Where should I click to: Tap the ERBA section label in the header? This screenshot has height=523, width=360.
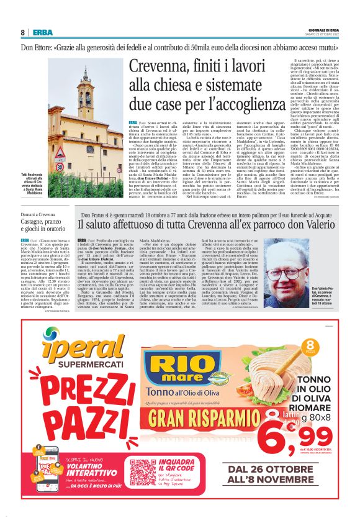click(x=43, y=32)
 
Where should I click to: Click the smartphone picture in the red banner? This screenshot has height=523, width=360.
click(x=35, y=481)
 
